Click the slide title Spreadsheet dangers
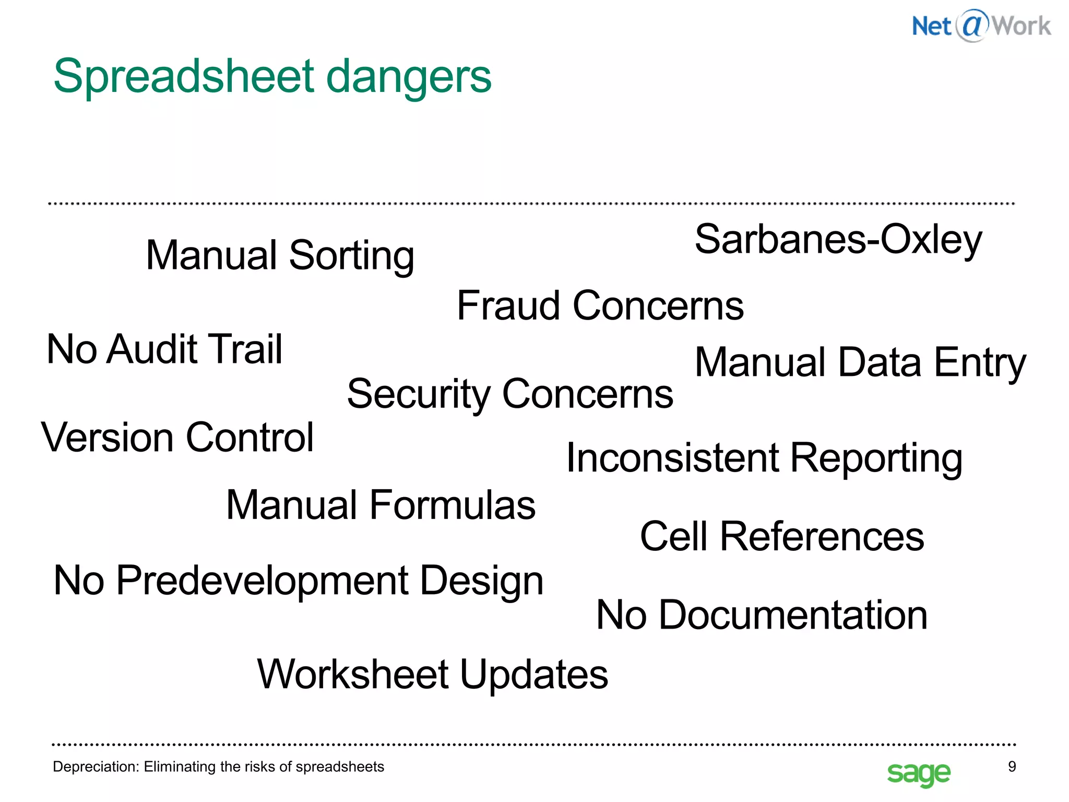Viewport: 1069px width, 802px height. tap(272, 77)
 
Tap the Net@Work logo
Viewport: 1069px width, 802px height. tap(981, 26)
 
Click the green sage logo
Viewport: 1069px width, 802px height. tap(918, 773)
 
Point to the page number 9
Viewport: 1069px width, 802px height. tap(1012, 766)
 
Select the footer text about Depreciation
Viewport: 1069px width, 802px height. tap(218, 766)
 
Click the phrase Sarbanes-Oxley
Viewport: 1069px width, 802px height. tap(838, 240)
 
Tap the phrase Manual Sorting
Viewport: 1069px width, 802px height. tap(280, 255)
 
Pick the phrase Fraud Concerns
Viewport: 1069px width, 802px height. tap(600, 306)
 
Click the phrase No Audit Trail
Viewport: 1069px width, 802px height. tap(164, 349)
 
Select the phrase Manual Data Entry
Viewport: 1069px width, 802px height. tap(860, 363)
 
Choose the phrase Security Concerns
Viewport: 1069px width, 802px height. tap(510, 394)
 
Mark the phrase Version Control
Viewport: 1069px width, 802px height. tap(177, 438)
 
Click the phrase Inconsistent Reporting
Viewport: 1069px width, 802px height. tap(764, 458)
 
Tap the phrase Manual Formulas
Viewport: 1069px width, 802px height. tap(381, 505)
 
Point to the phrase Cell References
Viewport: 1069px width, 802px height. tap(781, 537)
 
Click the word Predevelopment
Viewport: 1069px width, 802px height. tap(262, 581)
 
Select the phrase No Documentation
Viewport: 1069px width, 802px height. tap(762, 615)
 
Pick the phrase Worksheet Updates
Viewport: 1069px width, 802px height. tap(432, 675)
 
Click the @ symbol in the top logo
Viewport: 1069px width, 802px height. tap(972, 25)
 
